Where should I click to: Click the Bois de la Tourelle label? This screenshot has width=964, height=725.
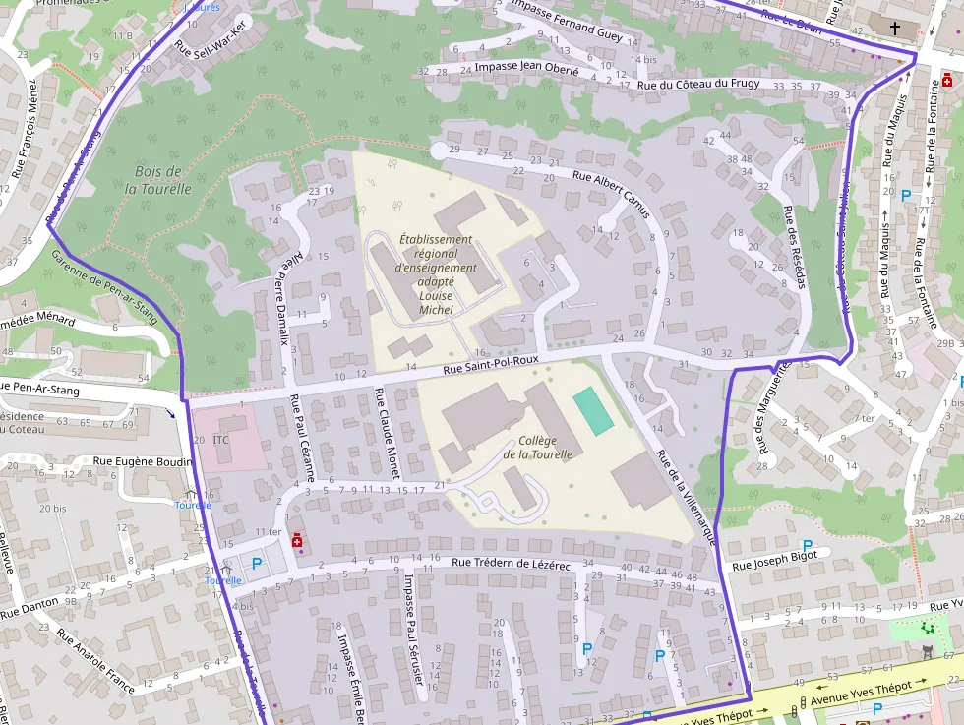(x=157, y=180)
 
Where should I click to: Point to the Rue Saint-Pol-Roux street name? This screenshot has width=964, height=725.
(x=491, y=363)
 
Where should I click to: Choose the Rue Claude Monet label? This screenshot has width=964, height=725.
(x=386, y=434)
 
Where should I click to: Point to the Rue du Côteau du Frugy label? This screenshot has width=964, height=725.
(x=698, y=85)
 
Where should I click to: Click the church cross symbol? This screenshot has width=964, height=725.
(x=895, y=29)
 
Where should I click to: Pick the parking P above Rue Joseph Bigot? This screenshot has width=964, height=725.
(x=808, y=546)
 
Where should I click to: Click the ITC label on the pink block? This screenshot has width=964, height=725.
(x=220, y=440)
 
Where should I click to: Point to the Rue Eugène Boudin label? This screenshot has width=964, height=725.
(x=144, y=460)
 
